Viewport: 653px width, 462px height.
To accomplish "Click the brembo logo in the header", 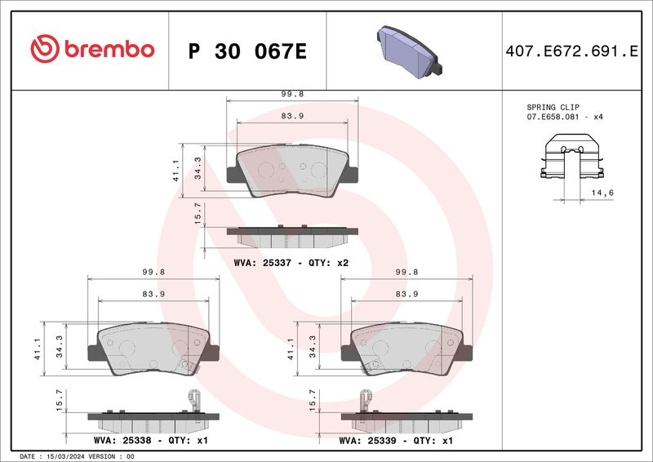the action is pyautogui.click(x=92, y=49).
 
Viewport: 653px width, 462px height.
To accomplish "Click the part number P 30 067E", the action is pyautogui.click(x=247, y=51).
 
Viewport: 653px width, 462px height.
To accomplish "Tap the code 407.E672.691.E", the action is pyautogui.click(x=571, y=51).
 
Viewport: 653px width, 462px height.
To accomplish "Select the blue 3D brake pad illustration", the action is pyautogui.click(x=410, y=51).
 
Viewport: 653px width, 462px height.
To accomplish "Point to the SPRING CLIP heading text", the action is pyautogui.click(x=553, y=107).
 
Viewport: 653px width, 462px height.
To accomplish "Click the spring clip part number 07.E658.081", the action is pyautogui.click(x=553, y=117).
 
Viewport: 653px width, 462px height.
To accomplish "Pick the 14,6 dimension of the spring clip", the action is pyautogui.click(x=602, y=193).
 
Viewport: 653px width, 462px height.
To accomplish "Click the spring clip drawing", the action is pyautogui.click(x=572, y=157).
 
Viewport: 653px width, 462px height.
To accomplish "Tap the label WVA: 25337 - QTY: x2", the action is pyautogui.click(x=291, y=263).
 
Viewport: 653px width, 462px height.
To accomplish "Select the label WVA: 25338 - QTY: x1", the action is pyautogui.click(x=150, y=440).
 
